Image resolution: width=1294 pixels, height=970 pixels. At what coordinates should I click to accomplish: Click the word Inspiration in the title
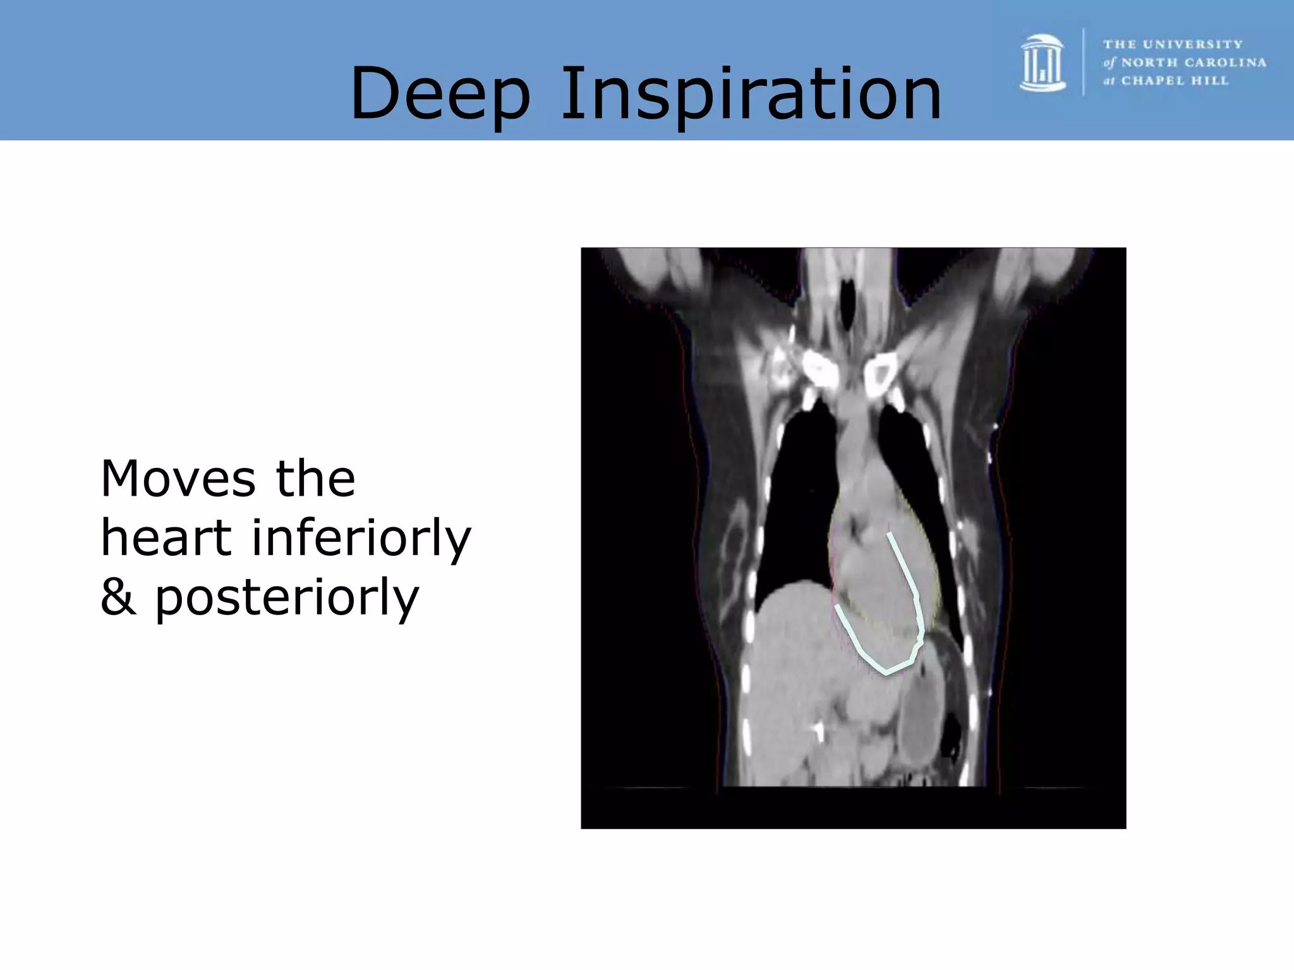(751, 95)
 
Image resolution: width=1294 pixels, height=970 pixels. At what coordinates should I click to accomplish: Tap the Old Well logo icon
(1043, 63)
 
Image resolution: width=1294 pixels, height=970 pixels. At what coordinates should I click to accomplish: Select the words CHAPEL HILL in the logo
(1175, 81)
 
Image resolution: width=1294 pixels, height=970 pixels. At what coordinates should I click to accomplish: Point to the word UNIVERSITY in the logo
(1193, 44)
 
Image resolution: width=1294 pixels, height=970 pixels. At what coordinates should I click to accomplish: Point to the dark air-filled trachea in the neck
(848, 297)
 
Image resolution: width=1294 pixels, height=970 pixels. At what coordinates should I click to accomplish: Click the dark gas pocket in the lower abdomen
(950, 735)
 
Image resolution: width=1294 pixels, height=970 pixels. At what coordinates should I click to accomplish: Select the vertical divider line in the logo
(1084, 62)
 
